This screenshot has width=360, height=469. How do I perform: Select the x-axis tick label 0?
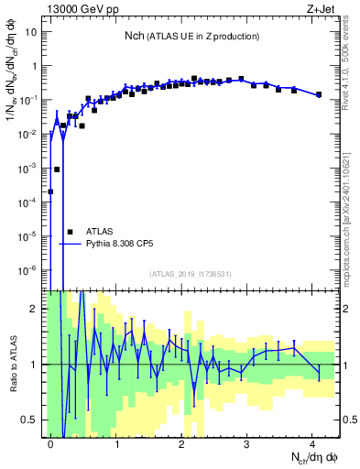click(50, 442)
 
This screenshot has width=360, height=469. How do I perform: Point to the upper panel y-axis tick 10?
click(31, 32)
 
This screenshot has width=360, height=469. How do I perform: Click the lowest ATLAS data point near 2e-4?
click(50, 191)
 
